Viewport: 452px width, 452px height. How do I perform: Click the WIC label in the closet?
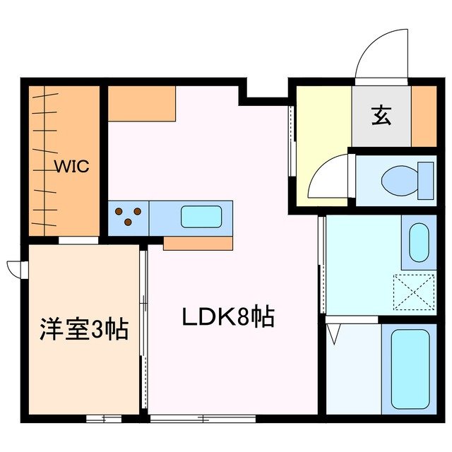point(73,167)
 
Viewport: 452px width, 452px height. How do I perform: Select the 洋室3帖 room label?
point(83,329)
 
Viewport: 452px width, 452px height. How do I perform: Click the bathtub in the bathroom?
point(410,369)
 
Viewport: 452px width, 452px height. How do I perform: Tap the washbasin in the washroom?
point(419,242)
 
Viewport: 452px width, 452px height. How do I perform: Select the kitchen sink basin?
point(206,216)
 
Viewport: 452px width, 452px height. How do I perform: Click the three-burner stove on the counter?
point(128,216)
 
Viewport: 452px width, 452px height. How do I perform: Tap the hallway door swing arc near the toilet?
point(328,179)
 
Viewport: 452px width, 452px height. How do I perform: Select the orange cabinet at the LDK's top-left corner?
point(141,103)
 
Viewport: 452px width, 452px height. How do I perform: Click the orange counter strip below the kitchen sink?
point(198,244)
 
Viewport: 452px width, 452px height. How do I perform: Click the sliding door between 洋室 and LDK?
point(143,328)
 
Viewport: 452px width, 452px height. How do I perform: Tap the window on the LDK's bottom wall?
point(203,418)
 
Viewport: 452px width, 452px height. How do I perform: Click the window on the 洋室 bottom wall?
point(104,418)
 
